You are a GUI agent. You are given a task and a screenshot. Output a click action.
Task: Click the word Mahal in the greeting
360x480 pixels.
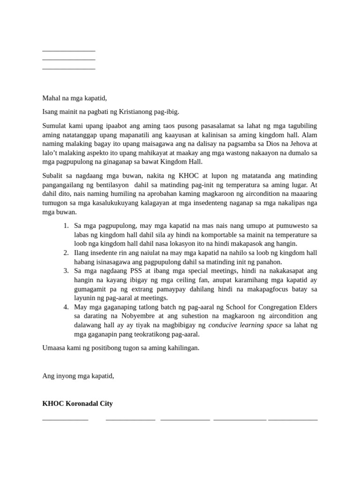click(52, 98)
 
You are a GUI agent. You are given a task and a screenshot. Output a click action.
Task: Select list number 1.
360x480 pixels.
click(66, 226)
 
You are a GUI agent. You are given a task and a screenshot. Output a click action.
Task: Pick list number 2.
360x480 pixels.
click(66, 253)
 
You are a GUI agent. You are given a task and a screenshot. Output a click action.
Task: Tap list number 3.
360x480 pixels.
click(66, 270)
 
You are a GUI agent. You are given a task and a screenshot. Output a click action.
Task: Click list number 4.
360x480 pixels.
click(66, 307)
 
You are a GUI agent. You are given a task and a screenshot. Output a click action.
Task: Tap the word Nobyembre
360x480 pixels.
click(133, 316)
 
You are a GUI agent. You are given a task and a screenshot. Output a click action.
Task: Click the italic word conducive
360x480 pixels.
click(225, 325)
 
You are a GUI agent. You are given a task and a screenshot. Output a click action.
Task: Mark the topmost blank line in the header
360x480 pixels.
click(68, 50)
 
